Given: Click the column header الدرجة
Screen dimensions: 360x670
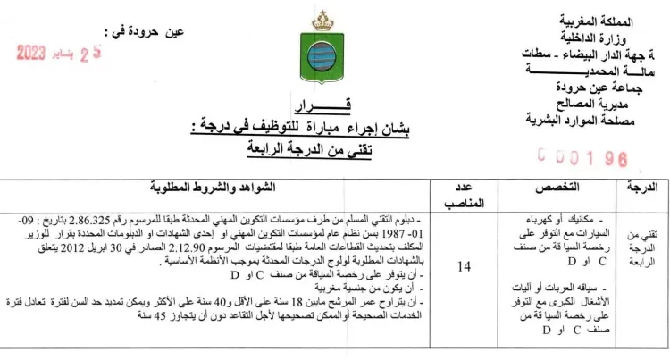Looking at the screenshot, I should click(x=637, y=188).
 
